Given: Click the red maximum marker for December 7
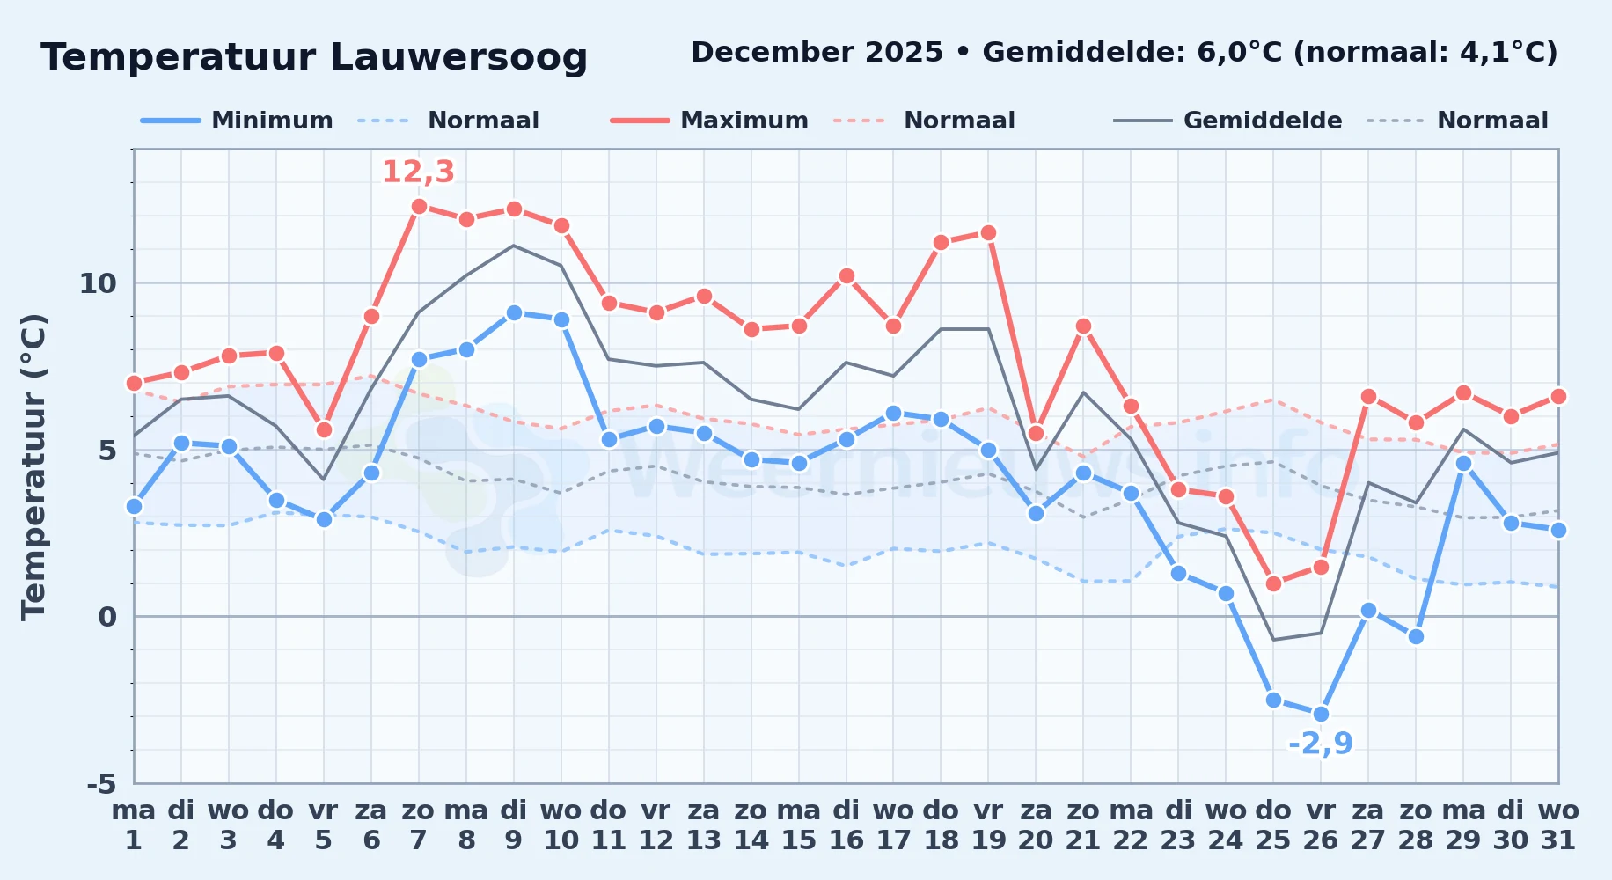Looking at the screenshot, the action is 419,207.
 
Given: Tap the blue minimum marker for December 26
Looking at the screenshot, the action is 1321,714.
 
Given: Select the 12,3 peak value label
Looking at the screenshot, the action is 418,172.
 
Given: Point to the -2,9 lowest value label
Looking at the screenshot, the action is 1321,744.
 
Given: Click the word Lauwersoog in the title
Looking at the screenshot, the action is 458,57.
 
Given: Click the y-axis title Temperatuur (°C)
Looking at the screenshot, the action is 33,467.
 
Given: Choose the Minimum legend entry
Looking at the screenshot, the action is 237,121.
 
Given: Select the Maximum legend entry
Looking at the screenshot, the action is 709,121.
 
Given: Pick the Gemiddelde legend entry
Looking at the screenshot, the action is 1227,121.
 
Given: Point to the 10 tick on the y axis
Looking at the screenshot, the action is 98,283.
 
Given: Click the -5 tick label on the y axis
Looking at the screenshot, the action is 101,783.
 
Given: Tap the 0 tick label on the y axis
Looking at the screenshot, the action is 107,617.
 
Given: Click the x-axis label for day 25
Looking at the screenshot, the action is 1273,825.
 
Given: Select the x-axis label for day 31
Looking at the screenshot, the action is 1558,825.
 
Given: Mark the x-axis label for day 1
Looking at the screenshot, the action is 134,825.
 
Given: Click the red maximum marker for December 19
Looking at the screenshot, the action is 988,233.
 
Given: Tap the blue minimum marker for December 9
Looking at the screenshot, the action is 514,313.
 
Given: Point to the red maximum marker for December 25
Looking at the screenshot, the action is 1273,583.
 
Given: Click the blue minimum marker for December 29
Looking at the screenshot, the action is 1463,463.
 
